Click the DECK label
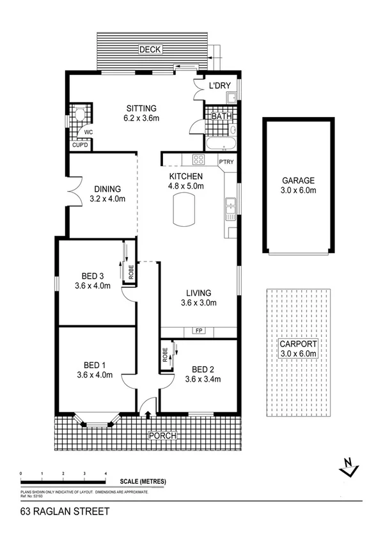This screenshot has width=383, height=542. coord(152,49)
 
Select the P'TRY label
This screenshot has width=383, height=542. coord(227,162)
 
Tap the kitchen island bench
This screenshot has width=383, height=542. coord(185,210)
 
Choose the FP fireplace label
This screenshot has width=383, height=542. coord(198,331)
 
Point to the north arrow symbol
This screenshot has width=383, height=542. coord(348,468)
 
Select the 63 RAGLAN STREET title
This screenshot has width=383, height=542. coord(65,511)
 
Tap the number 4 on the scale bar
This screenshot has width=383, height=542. coord(106,473)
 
